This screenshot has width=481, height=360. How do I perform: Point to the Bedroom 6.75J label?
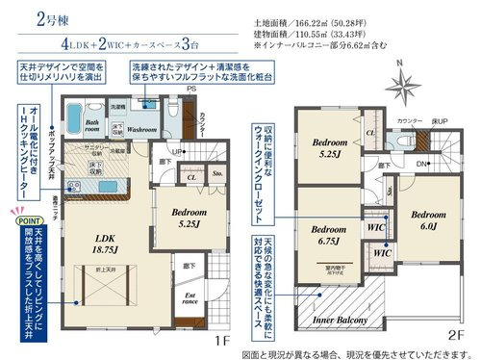coord(331,235)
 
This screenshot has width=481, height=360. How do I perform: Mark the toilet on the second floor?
coord(402,139)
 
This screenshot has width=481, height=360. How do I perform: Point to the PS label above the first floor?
coord(191,90)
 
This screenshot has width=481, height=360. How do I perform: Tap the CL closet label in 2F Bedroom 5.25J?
coord(370,134)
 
